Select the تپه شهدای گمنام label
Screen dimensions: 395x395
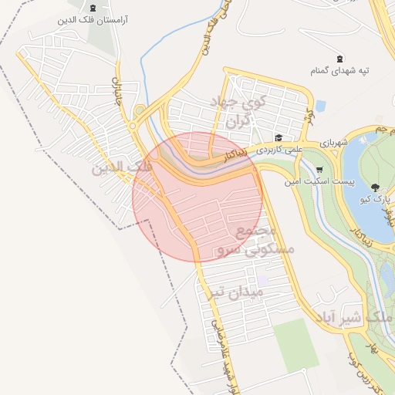click(x=339, y=71)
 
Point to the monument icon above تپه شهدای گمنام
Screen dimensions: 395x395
click(x=340, y=59)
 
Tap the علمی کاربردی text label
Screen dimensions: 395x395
click(x=279, y=147)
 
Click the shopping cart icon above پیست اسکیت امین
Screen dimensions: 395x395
click(x=319, y=170)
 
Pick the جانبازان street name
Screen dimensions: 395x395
click(x=117, y=85)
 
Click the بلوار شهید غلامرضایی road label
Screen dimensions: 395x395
click(x=218, y=332)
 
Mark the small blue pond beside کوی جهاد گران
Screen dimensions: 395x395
click(x=319, y=106)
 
